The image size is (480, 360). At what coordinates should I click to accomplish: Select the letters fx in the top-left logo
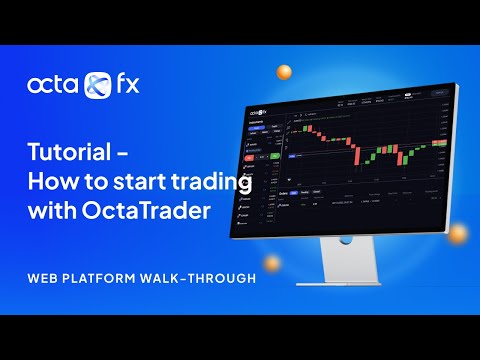click(x=125, y=84)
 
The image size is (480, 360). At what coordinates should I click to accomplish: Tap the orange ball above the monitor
click(x=284, y=71)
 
